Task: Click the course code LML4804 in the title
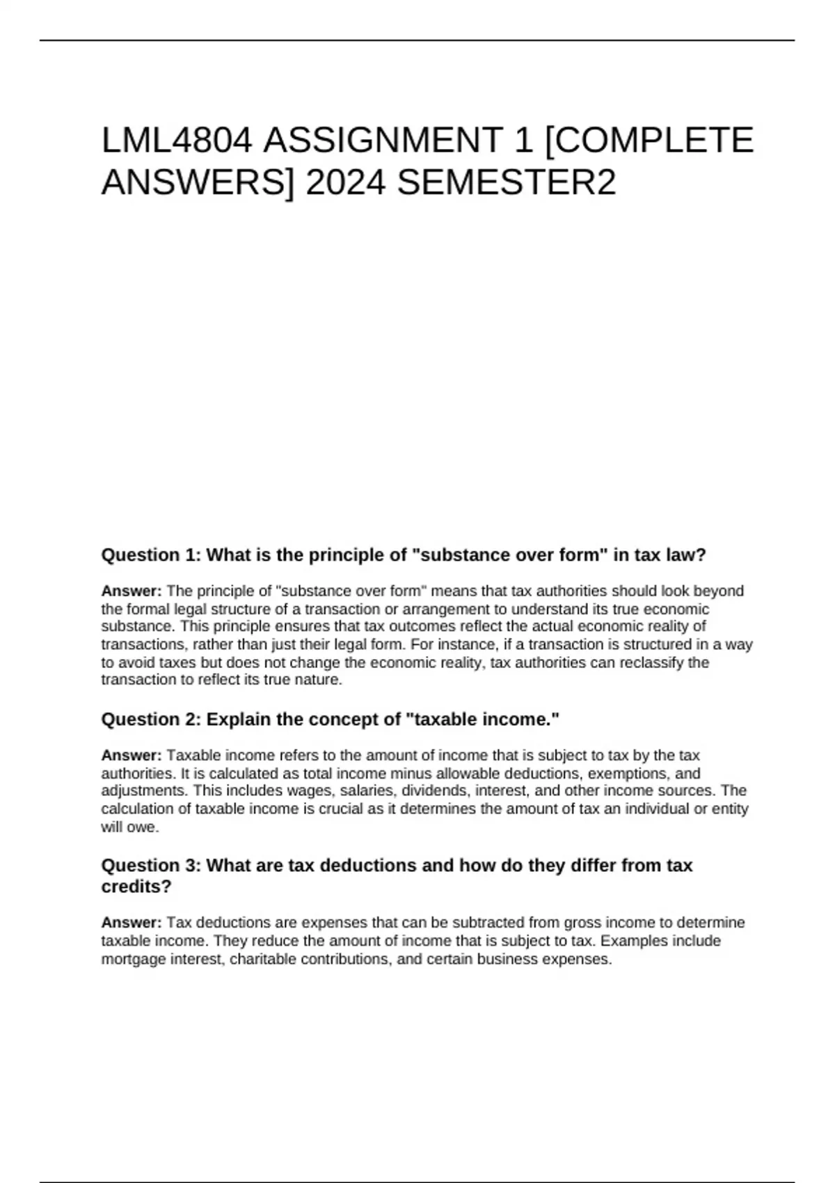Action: coord(177,141)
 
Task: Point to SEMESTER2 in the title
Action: coord(507,184)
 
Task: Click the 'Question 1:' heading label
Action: coord(151,555)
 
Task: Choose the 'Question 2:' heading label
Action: coord(151,720)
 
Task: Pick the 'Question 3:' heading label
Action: coord(151,866)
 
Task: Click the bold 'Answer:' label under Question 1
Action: coord(132,591)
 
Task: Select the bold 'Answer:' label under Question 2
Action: coord(132,756)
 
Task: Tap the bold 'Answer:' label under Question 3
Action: coord(132,923)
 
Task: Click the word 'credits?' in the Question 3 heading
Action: coord(136,887)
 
